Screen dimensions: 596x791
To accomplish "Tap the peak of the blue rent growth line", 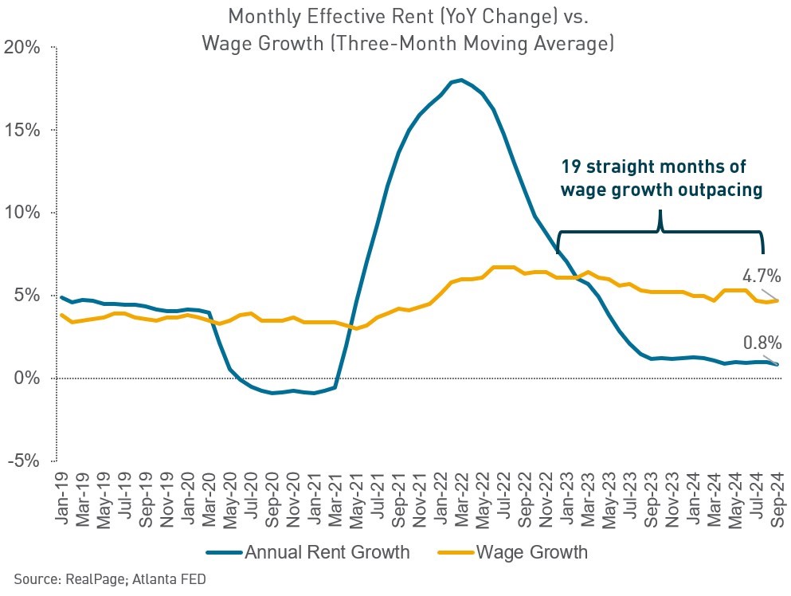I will pos(461,80).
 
